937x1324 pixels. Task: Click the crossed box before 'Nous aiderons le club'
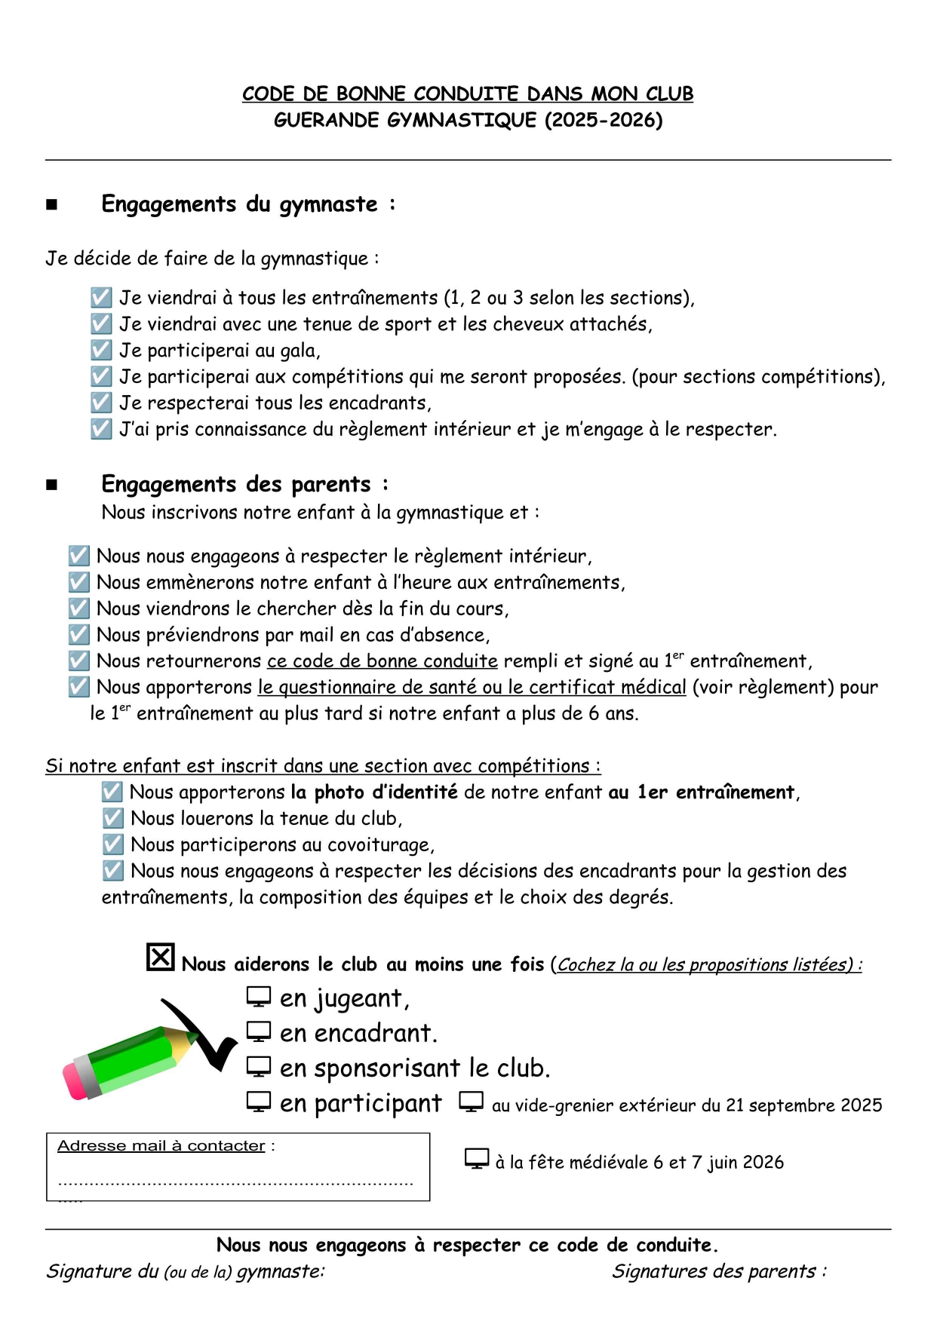(160, 958)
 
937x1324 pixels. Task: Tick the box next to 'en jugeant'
(258, 997)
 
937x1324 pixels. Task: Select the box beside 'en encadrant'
(258, 1031)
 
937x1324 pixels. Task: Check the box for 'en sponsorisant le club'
(258, 1067)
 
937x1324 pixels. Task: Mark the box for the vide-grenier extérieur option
(471, 1102)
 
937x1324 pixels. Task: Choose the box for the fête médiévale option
(477, 1159)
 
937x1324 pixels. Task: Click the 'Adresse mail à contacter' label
(161, 1146)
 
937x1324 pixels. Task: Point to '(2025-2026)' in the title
(604, 120)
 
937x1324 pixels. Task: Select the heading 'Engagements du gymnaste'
(240, 204)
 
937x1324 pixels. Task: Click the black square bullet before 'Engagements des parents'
(51, 485)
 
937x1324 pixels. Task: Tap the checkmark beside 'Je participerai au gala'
(101, 350)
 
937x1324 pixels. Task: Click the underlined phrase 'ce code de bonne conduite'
(382, 661)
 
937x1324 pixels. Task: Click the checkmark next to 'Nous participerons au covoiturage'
(112, 844)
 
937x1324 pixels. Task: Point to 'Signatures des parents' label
(714, 1271)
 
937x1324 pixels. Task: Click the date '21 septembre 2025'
(803, 1105)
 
